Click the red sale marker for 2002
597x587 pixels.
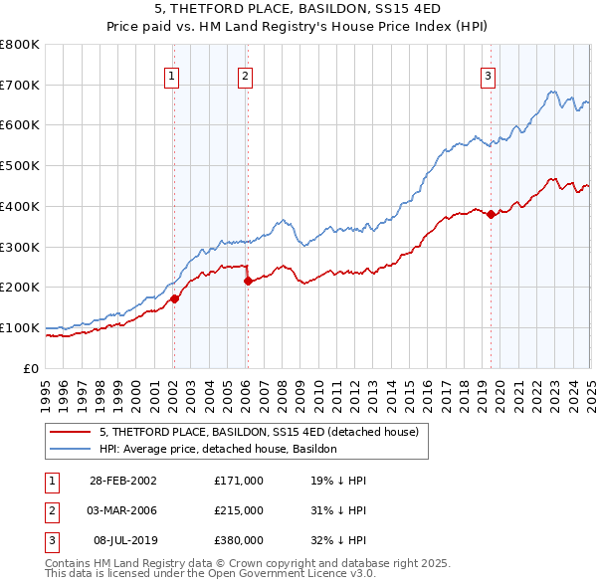point(173,298)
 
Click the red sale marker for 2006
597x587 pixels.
point(247,281)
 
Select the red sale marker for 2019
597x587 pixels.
point(491,214)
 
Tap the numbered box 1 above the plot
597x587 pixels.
point(172,75)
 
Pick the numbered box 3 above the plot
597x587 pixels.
point(489,75)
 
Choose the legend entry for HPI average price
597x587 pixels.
point(218,449)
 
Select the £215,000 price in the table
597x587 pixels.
point(238,510)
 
